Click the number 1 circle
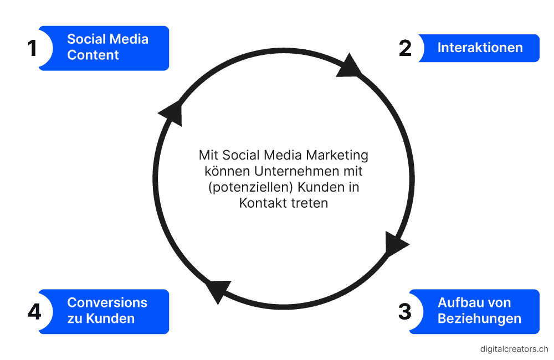33,48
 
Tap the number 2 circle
405,48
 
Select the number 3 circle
405,311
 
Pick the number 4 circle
34,311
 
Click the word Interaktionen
480,48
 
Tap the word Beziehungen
479,319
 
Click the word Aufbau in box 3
456,303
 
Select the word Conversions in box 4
107,303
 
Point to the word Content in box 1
93,55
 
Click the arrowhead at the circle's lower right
396,244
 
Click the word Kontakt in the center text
259,203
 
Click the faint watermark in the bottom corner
514,349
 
